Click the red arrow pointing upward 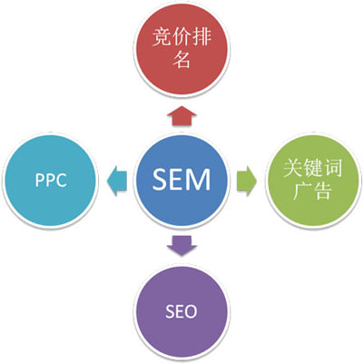coord(182,113)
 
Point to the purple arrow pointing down coord(182,246)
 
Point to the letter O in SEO coord(198,311)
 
